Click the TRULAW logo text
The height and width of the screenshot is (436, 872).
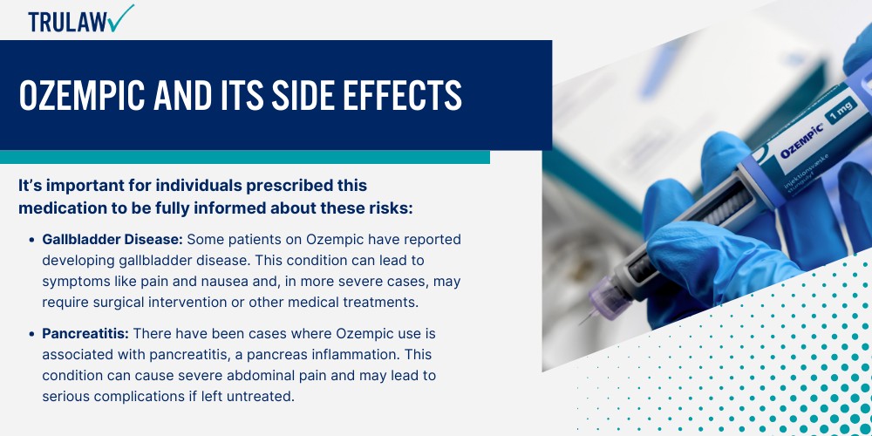[68, 22]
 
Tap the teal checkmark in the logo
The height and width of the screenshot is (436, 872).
[121, 17]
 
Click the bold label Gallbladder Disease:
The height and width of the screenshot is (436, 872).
[112, 239]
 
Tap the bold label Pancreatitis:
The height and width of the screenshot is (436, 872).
[85, 334]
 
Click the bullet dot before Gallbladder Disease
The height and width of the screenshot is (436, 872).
[31, 241]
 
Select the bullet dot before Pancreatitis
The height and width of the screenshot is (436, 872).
[31, 335]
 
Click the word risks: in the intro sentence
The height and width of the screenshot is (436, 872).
[392, 208]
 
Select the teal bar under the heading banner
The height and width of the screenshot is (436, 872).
[245, 157]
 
